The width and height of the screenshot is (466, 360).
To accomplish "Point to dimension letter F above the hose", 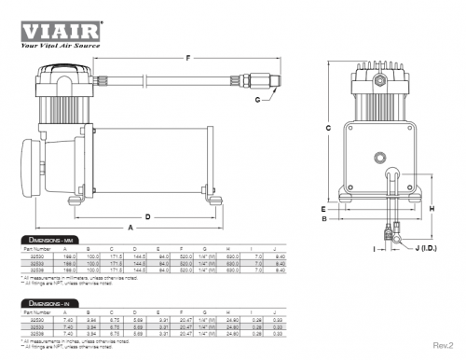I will click(x=189, y=58).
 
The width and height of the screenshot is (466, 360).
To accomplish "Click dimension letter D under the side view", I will click(x=145, y=214).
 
